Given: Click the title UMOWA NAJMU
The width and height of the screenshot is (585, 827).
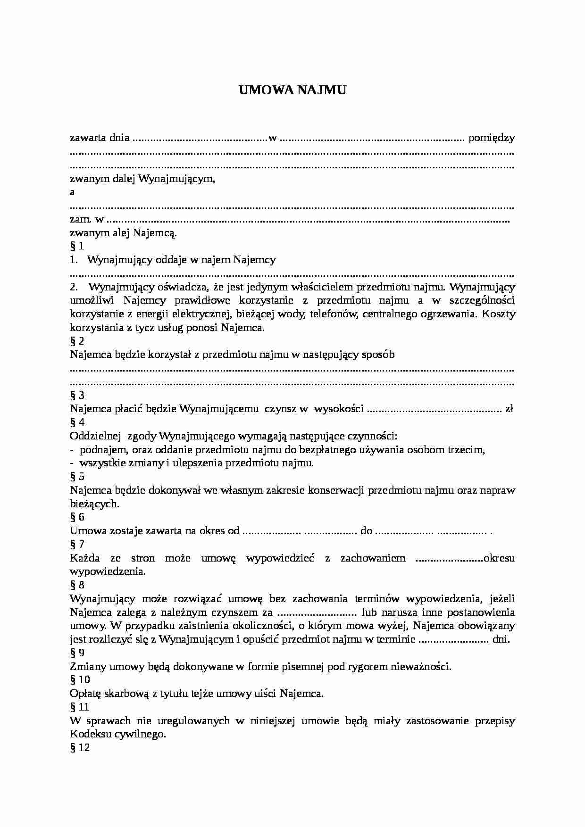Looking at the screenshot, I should tap(292, 90).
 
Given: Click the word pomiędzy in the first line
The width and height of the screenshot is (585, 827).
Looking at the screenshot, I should tap(492, 138).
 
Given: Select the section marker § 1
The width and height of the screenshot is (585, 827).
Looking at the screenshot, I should tap(77, 246).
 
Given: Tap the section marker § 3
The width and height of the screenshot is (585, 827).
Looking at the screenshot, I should tap(77, 396).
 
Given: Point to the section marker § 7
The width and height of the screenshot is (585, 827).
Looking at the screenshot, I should tap(77, 545).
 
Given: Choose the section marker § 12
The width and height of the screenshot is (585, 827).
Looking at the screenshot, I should tap(79, 748).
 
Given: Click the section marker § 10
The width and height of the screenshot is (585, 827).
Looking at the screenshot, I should tap(79, 680).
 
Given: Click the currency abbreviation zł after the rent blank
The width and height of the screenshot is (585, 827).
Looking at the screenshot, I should tap(509, 409).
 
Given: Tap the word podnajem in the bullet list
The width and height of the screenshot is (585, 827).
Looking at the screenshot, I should tap(100, 450).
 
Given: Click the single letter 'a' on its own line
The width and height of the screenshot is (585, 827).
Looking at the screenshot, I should tap(72, 192).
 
